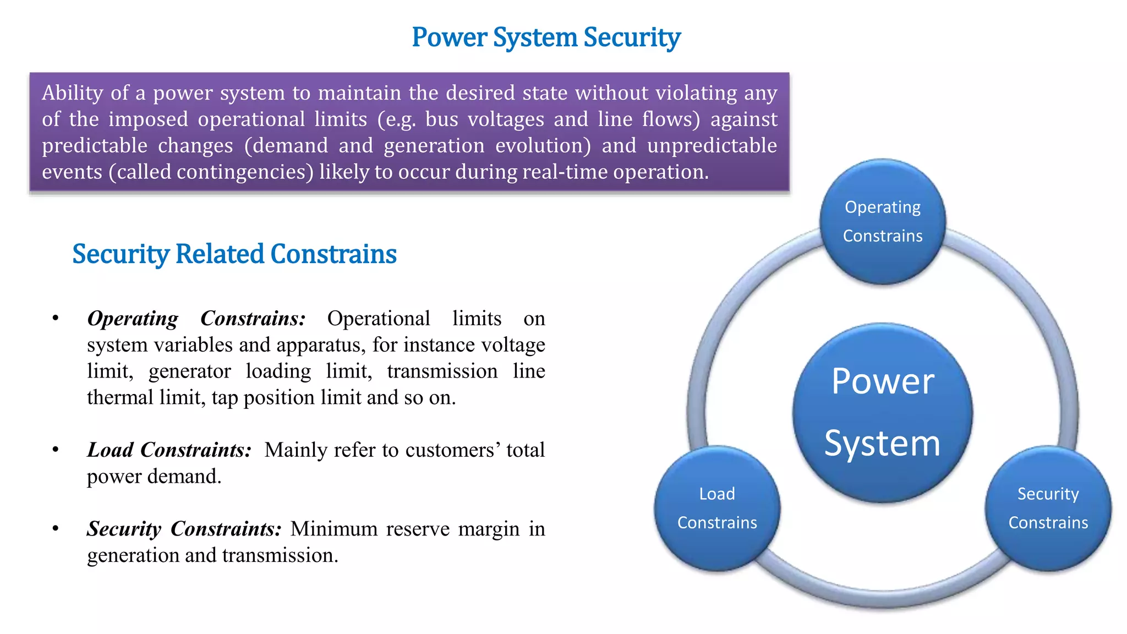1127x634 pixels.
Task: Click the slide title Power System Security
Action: click(x=546, y=37)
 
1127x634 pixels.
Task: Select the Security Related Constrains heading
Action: click(x=234, y=254)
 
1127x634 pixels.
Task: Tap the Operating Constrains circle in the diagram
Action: click(x=882, y=222)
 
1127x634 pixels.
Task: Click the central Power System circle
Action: click(x=882, y=412)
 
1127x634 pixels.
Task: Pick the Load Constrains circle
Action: click(x=717, y=509)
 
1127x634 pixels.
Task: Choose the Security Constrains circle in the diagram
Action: click(x=1048, y=509)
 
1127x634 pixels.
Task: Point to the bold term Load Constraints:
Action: click(x=169, y=450)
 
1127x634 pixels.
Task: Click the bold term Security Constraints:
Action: click(x=184, y=529)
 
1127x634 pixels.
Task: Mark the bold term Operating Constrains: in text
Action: click(x=196, y=319)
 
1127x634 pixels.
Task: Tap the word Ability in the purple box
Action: click(x=73, y=93)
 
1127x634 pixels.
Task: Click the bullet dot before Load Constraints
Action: click(x=56, y=450)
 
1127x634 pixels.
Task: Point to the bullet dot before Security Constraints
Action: click(x=56, y=529)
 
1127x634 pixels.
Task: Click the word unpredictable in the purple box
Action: click(x=712, y=146)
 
